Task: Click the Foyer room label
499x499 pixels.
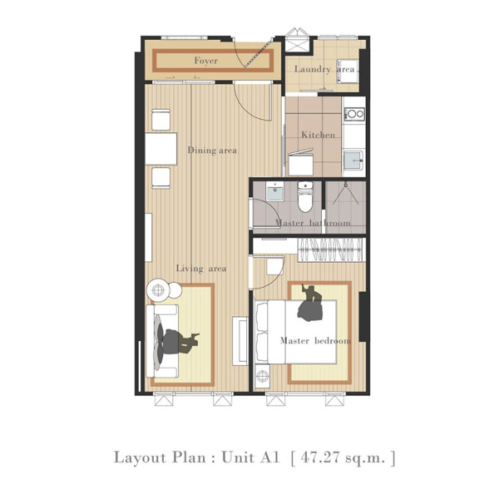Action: coord(206,61)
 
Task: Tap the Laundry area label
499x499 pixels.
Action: coord(324,69)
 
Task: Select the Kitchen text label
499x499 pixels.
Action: coord(318,135)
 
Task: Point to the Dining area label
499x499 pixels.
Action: coord(212,151)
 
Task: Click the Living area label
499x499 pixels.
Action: coord(201,269)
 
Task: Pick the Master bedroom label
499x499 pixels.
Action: coord(315,341)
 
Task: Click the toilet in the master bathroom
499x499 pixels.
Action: coord(305,196)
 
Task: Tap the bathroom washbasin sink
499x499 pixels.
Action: coord(274,191)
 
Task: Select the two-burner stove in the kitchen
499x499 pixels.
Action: coord(355,113)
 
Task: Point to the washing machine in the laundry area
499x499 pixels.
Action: coord(347,71)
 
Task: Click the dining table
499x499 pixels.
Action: coord(161,149)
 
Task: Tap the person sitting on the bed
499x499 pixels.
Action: coord(310,303)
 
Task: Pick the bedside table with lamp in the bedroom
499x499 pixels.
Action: coord(262,376)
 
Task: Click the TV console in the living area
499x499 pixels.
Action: coord(240,341)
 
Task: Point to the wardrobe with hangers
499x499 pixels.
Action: coord(331,249)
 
